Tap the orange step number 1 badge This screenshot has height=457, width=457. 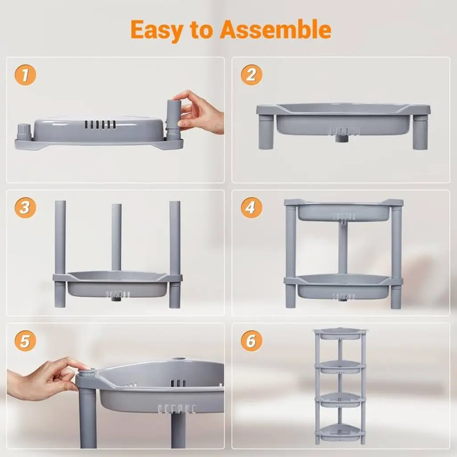(25, 75)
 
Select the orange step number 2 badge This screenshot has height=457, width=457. (252, 75)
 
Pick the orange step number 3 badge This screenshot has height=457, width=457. (25, 208)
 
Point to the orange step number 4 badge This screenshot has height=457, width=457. (252, 208)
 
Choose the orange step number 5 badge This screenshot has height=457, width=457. (25, 341)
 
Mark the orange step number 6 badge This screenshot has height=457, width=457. (252, 341)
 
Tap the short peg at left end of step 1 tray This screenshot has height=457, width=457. (24, 132)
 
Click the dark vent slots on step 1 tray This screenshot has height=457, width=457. (100, 125)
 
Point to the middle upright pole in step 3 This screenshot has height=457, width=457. (116, 237)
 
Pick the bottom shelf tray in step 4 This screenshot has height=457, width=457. (344, 287)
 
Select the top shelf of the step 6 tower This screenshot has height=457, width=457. (340, 334)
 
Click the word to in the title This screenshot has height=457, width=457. (201, 30)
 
